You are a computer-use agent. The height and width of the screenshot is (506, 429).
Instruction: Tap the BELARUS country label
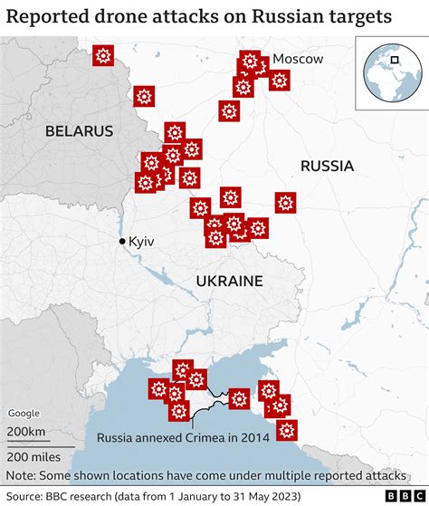[x=80, y=131]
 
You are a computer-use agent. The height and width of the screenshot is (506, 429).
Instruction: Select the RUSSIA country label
[x=327, y=166]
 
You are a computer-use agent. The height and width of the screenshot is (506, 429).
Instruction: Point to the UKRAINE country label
[x=229, y=281]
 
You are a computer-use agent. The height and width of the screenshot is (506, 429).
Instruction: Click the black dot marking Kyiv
[x=122, y=242]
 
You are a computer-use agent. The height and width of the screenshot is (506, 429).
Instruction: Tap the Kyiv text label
[x=142, y=242]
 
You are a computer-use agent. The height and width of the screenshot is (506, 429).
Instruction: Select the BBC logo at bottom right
[x=404, y=497]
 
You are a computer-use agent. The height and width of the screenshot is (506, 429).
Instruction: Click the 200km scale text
[x=27, y=431]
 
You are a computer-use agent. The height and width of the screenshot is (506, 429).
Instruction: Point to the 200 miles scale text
[x=33, y=455]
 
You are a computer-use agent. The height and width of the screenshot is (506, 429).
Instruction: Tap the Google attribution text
[x=24, y=413]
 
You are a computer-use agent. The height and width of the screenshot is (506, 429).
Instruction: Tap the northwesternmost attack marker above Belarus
[x=103, y=56]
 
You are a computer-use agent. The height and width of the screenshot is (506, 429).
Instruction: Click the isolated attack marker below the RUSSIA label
[x=286, y=203]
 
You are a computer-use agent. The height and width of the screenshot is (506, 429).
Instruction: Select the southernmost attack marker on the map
[x=287, y=429]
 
